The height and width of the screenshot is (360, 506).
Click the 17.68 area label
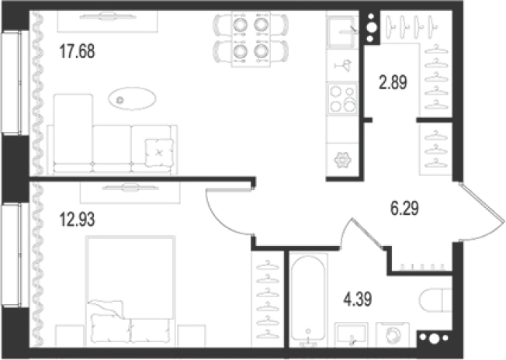pos(78,52)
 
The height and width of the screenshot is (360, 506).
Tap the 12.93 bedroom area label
pos(78,220)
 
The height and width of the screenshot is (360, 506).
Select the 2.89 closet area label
pos(393,82)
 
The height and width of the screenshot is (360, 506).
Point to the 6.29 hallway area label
pos(404,208)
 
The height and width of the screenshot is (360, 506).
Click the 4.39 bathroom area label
pos(358,299)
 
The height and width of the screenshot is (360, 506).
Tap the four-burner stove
pos(342,99)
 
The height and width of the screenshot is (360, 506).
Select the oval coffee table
pos(132,99)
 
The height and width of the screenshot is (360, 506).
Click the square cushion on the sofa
pos(159,152)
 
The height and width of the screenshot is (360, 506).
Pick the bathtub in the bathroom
pos(308,299)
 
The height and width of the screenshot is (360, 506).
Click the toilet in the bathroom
pos(435,300)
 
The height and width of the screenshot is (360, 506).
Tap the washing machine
pos(393,334)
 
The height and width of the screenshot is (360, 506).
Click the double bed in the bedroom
pos(130,289)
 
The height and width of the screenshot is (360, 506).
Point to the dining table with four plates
pos(251,39)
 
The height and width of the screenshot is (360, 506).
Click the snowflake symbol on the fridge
pos(342,160)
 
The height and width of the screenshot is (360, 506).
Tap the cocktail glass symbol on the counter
pos(343,65)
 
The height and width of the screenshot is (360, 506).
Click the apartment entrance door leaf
pos(482,203)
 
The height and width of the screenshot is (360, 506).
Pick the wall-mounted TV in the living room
pos(108,16)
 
